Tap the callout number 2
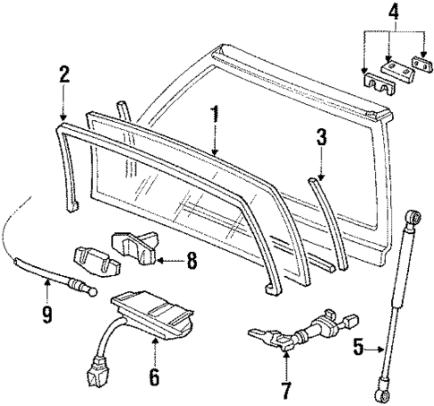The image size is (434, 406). (62, 74)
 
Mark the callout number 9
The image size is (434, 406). (47, 315)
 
